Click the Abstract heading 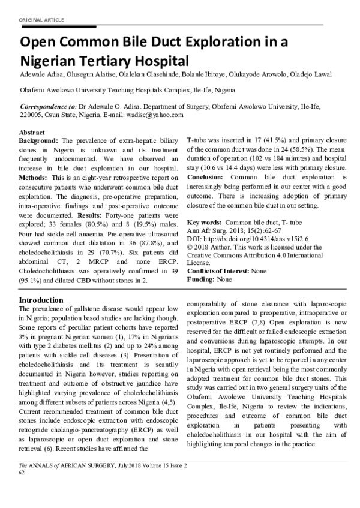tap(33, 131)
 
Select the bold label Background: tap(39, 139)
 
